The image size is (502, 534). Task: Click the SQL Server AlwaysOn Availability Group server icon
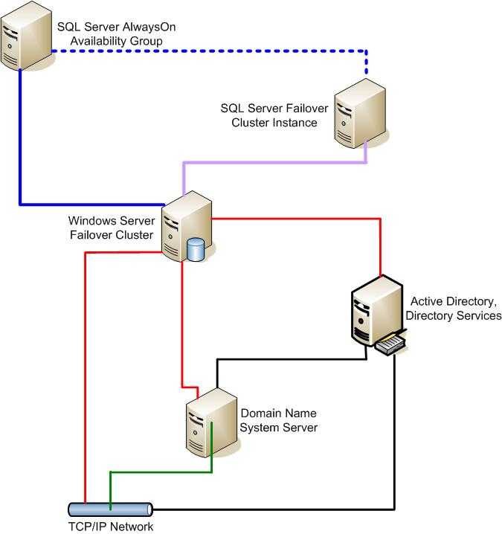[x=26, y=36]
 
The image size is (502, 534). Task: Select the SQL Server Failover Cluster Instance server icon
[x=360, y=113]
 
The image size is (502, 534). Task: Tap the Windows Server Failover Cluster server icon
[x=186, y=226]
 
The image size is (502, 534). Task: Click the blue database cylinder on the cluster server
[x=196, y=250]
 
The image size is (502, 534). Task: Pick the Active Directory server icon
[x=377, y=311]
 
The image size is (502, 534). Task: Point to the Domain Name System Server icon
[x=211, y=422]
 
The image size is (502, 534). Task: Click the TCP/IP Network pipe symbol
[x=110, y=509]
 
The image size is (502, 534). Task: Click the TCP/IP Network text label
[x=111, y=526]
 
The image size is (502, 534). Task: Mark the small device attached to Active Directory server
[x=390, y=344]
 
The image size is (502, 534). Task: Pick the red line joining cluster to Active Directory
[x=381, y=219]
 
